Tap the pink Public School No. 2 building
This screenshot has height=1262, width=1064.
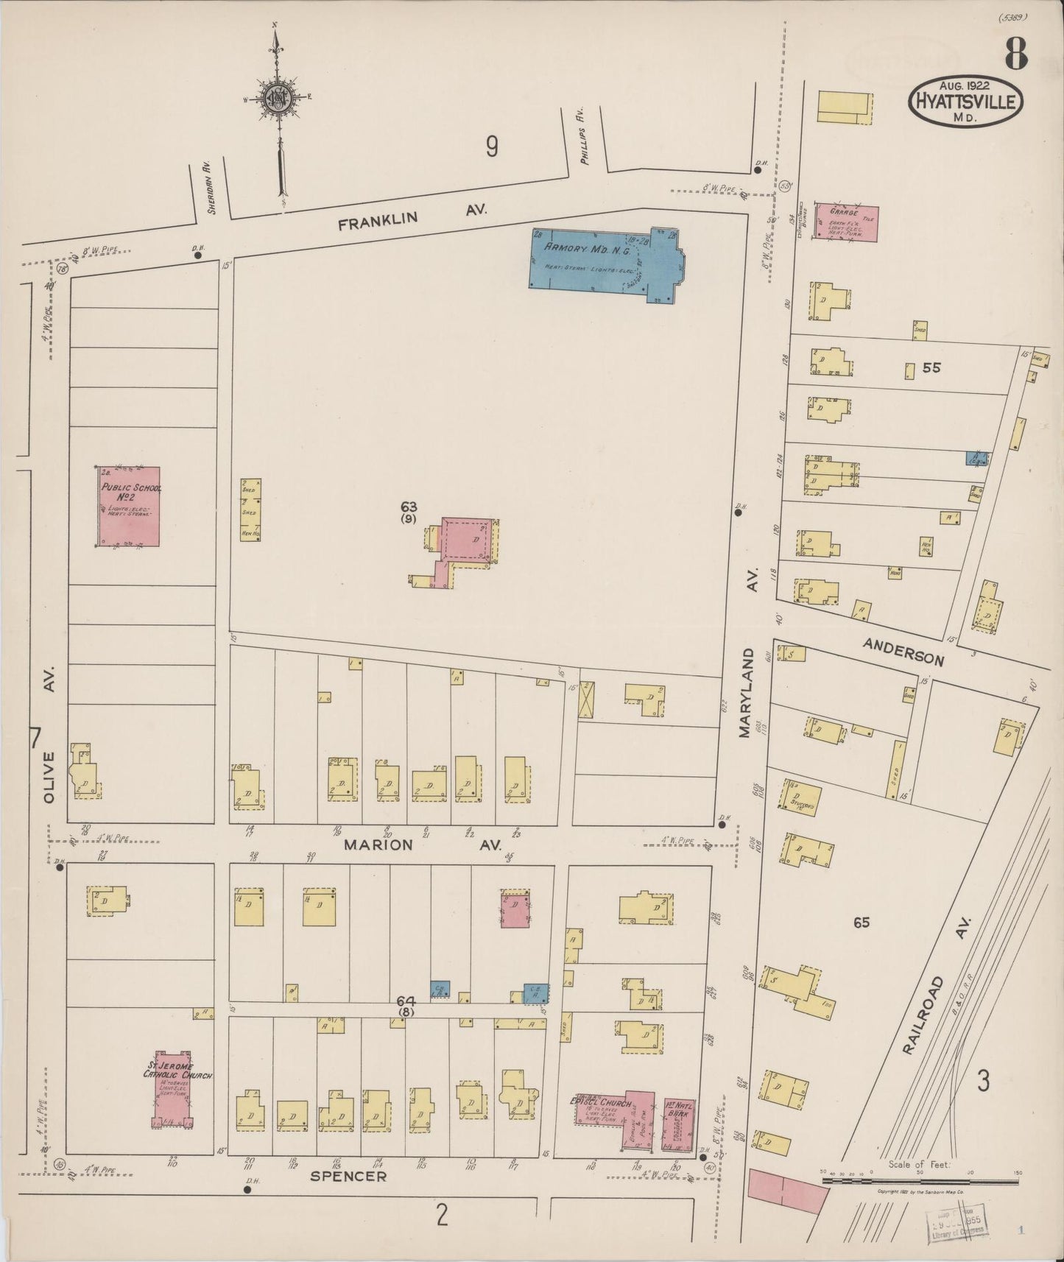130,507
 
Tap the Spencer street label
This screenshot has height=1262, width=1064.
348,1176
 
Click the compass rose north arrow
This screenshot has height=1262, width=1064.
278,99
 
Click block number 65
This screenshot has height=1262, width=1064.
861,922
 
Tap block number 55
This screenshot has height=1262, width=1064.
931,367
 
